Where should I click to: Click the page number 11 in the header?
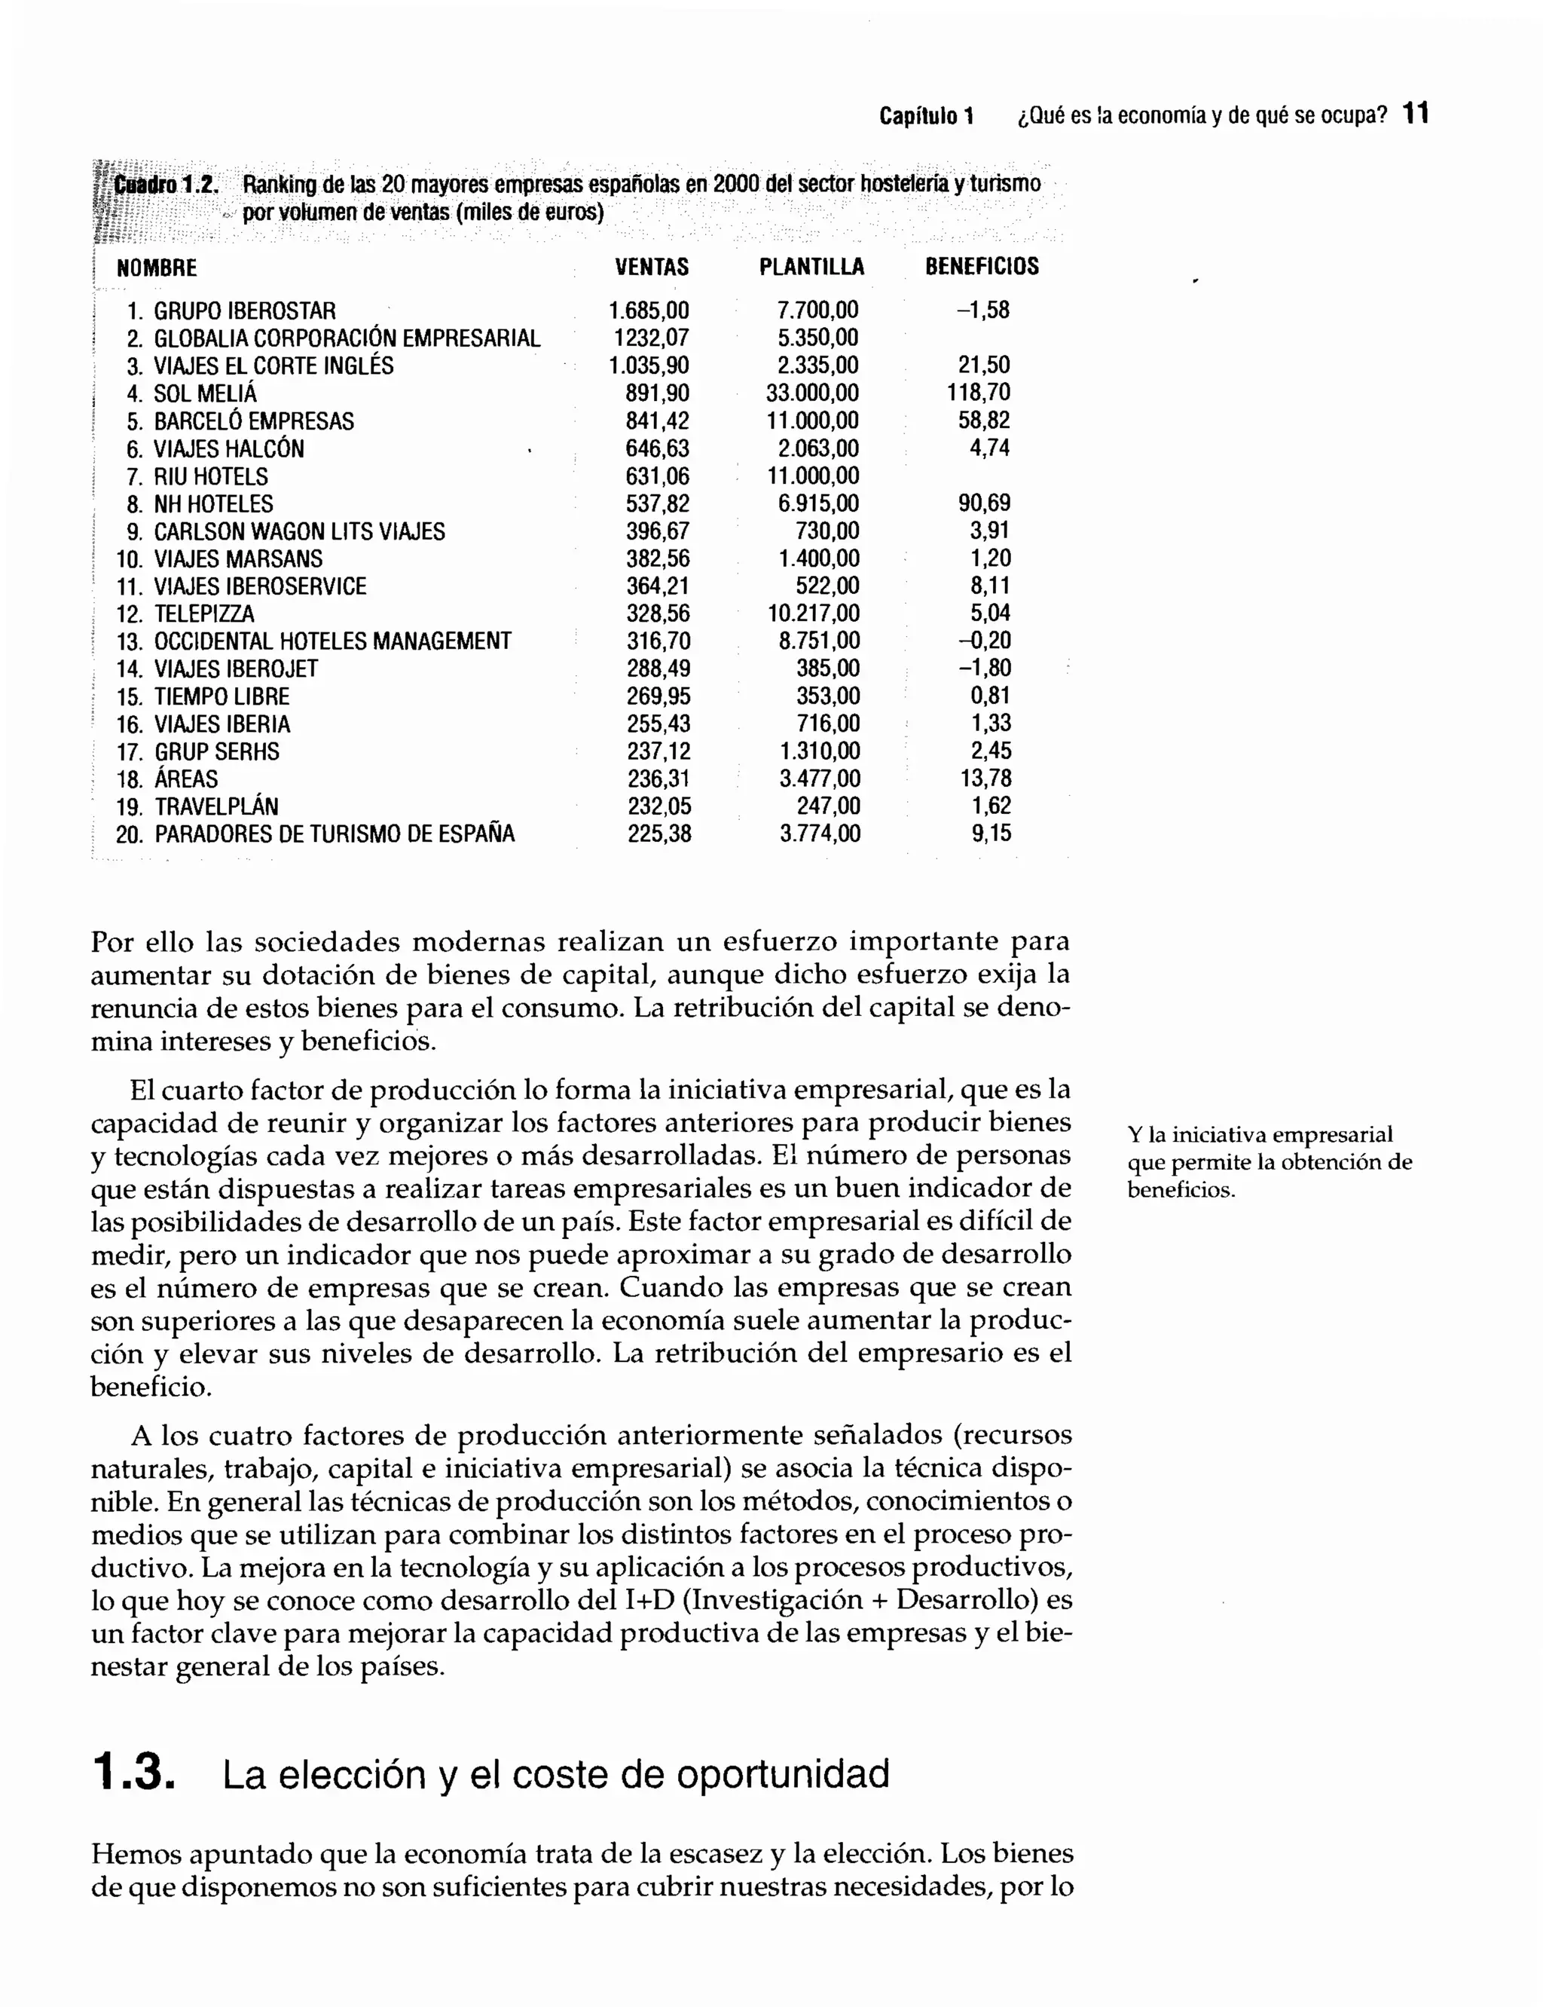tap(1416, 115)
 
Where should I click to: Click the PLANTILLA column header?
tap(811, 268)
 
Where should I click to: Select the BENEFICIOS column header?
tap(982, 268)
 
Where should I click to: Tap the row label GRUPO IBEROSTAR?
tap(244, 311)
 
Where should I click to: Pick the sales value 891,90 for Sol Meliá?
tap(657, 393)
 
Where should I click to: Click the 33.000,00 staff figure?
tap(812, 393)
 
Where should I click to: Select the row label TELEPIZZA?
tap(204, 613)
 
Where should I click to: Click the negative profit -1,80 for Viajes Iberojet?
tap(984, 668)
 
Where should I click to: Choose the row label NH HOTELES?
tap(213, 504)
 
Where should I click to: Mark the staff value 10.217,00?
tap(814, 613)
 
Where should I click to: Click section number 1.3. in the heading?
tap(133, 1773)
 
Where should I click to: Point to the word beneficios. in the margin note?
tap(1181, 1191)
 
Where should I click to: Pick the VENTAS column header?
tap(651, 268)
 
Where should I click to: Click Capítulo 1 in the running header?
tap(926, 117)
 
